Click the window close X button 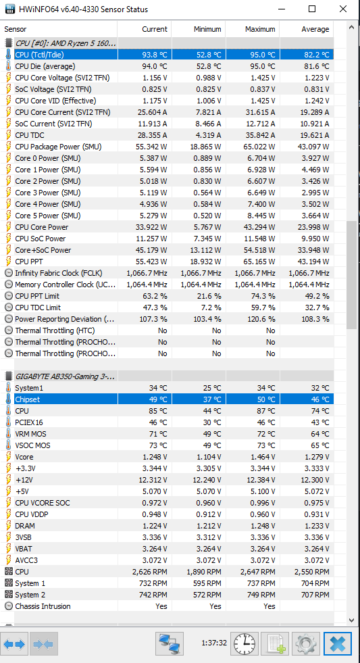pyautogui.click(x=342, y=9)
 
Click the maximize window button pyautogui.click(x=312, y=9)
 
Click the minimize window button pyautogui.click(x=281, y=9)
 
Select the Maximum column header pyautogui.click(x=260, y=29)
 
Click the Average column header pyautogui.click(x=315, y=29)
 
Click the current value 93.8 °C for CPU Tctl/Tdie pyautogui.click(x=155, y=55)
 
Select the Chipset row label pyautogui.click(x=28, y=399)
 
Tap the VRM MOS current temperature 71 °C pyautogui.click(x=158, y=434)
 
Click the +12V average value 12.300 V pyautogui.click(x=312, y=480)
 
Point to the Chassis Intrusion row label pyautogui.click(x=43, y=606)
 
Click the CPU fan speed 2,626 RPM pyautogui.click(x=149, y=572)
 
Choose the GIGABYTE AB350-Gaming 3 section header pyautogui.click(x=66, y=376)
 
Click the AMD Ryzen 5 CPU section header pyautogui.click(x=66, y=43)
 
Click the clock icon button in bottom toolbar pyautogui.click(x=245, y=643)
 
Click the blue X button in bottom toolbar pyautogui.click(x=338, y=643)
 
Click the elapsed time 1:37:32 pyautogui.click(x=214, y=643)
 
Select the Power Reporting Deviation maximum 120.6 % pyautogui.click(x=260, y=319)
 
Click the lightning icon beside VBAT pyautogui.click(x=9, y=549)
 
